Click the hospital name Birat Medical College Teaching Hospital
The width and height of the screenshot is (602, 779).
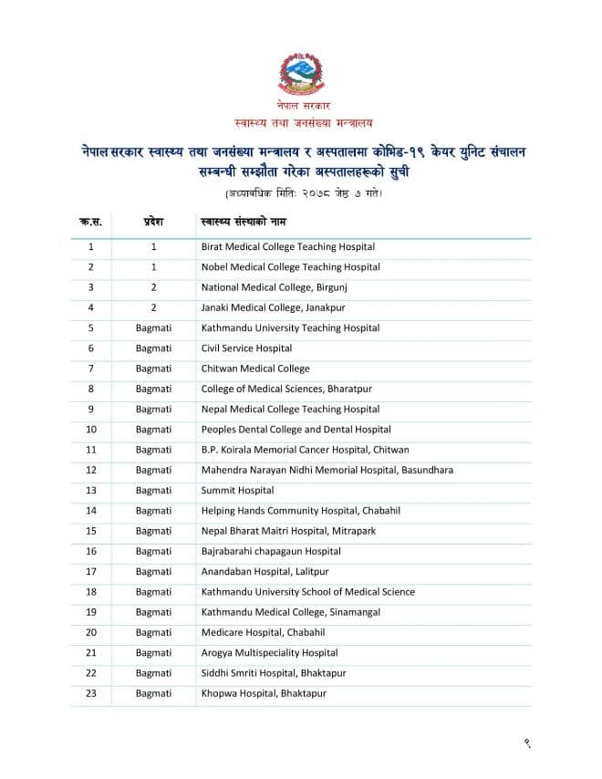click(287, 246)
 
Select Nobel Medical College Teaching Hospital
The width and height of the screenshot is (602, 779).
click(290, 267)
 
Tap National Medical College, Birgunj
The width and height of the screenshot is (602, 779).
click(274, 287)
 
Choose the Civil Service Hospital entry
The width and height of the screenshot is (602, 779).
click(246, 348)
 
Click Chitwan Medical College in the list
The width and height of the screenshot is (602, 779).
click(254, 369)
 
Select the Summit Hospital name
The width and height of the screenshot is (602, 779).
click(237, 490)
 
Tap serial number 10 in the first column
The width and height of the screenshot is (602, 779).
click(91, 429)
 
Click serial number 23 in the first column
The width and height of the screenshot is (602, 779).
click(91, 693)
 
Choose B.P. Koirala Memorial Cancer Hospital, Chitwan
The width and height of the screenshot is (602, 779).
click(305, 449)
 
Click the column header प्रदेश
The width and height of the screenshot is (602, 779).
click(153, 222)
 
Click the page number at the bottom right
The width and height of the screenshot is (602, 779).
click(527, 743)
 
